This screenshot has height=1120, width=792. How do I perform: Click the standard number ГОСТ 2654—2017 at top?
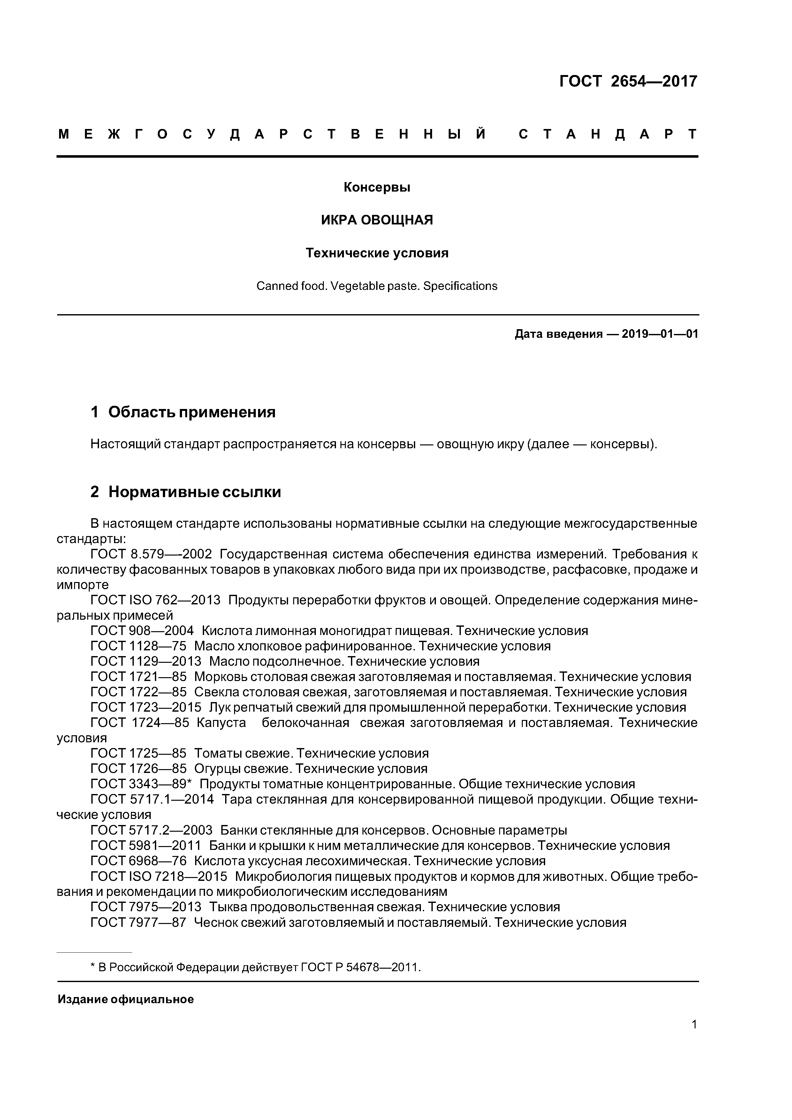(x=628, y=81)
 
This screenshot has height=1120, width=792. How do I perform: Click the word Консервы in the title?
(x=377, y=187)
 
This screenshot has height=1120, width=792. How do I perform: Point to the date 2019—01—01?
(x=660, y=334)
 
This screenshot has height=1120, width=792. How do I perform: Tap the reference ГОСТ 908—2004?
(x=142, y=631)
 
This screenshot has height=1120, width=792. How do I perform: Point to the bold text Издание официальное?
(x=126, y=1000)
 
